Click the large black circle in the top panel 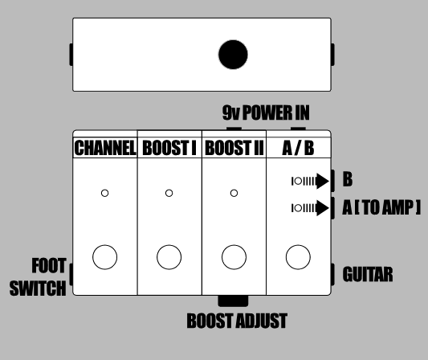point(233,55)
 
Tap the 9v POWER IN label point(266,112)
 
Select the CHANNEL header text point(105,148)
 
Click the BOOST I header point(169,148)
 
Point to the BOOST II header point(234,148)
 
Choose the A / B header point(298,148)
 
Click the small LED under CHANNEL point(105,193)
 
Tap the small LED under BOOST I point(169,193)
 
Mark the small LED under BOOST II point(234,193)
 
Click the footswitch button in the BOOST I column point(169,257)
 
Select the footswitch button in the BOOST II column point(234,257)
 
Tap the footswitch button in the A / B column point(298,257)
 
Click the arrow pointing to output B point(310,181)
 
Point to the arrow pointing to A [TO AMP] point(310,208)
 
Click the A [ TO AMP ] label point(381,207)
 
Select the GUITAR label point(368,274)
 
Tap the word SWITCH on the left point(38,288)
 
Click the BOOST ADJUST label point(237,321)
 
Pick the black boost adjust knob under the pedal point(233,301)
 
